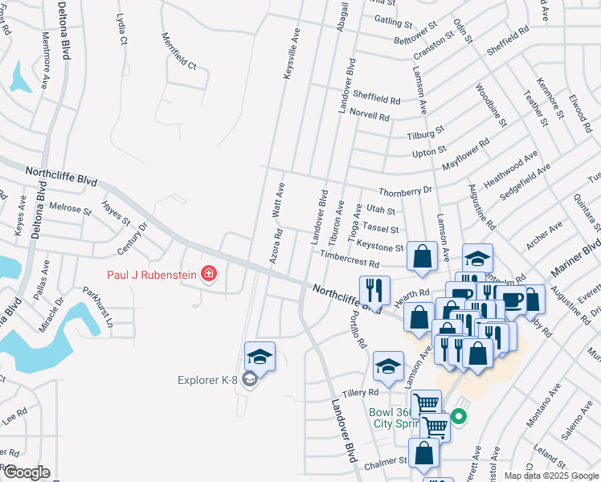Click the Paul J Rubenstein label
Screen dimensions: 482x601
pyautogui.click(x=153, y=274)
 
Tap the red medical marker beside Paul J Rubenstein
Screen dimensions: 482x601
pyautogui.click(x=210, y=274)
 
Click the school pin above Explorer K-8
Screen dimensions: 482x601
pyautogui.click(x=260, y=356)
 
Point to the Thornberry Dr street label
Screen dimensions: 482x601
pyautogui.click(x=405, y=191)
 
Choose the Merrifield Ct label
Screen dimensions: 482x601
pyautogui.click(x=178, y=51)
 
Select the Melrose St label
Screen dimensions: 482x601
pyautogui.click(x=70, y=207)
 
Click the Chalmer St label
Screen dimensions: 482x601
pyautogui.click(x=386, y=462)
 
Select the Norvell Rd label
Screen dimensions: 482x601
pyautogui.click(x=370, y=116)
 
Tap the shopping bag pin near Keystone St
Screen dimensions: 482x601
pyautogui.click(x=422, y=257)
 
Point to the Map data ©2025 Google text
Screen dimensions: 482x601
pyautogui.click(x=551, y=476)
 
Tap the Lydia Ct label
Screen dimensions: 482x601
pyautogui.click(x=121, y=27)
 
